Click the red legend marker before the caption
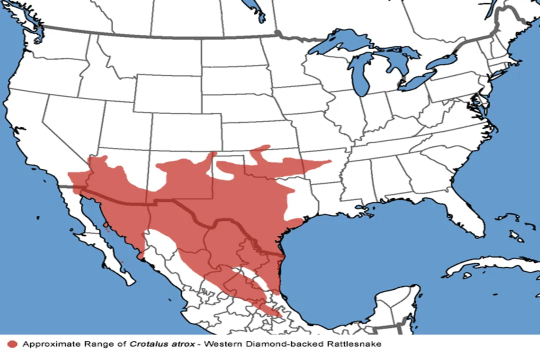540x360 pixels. tap(13, 344)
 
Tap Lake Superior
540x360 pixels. tap(345, 41)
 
